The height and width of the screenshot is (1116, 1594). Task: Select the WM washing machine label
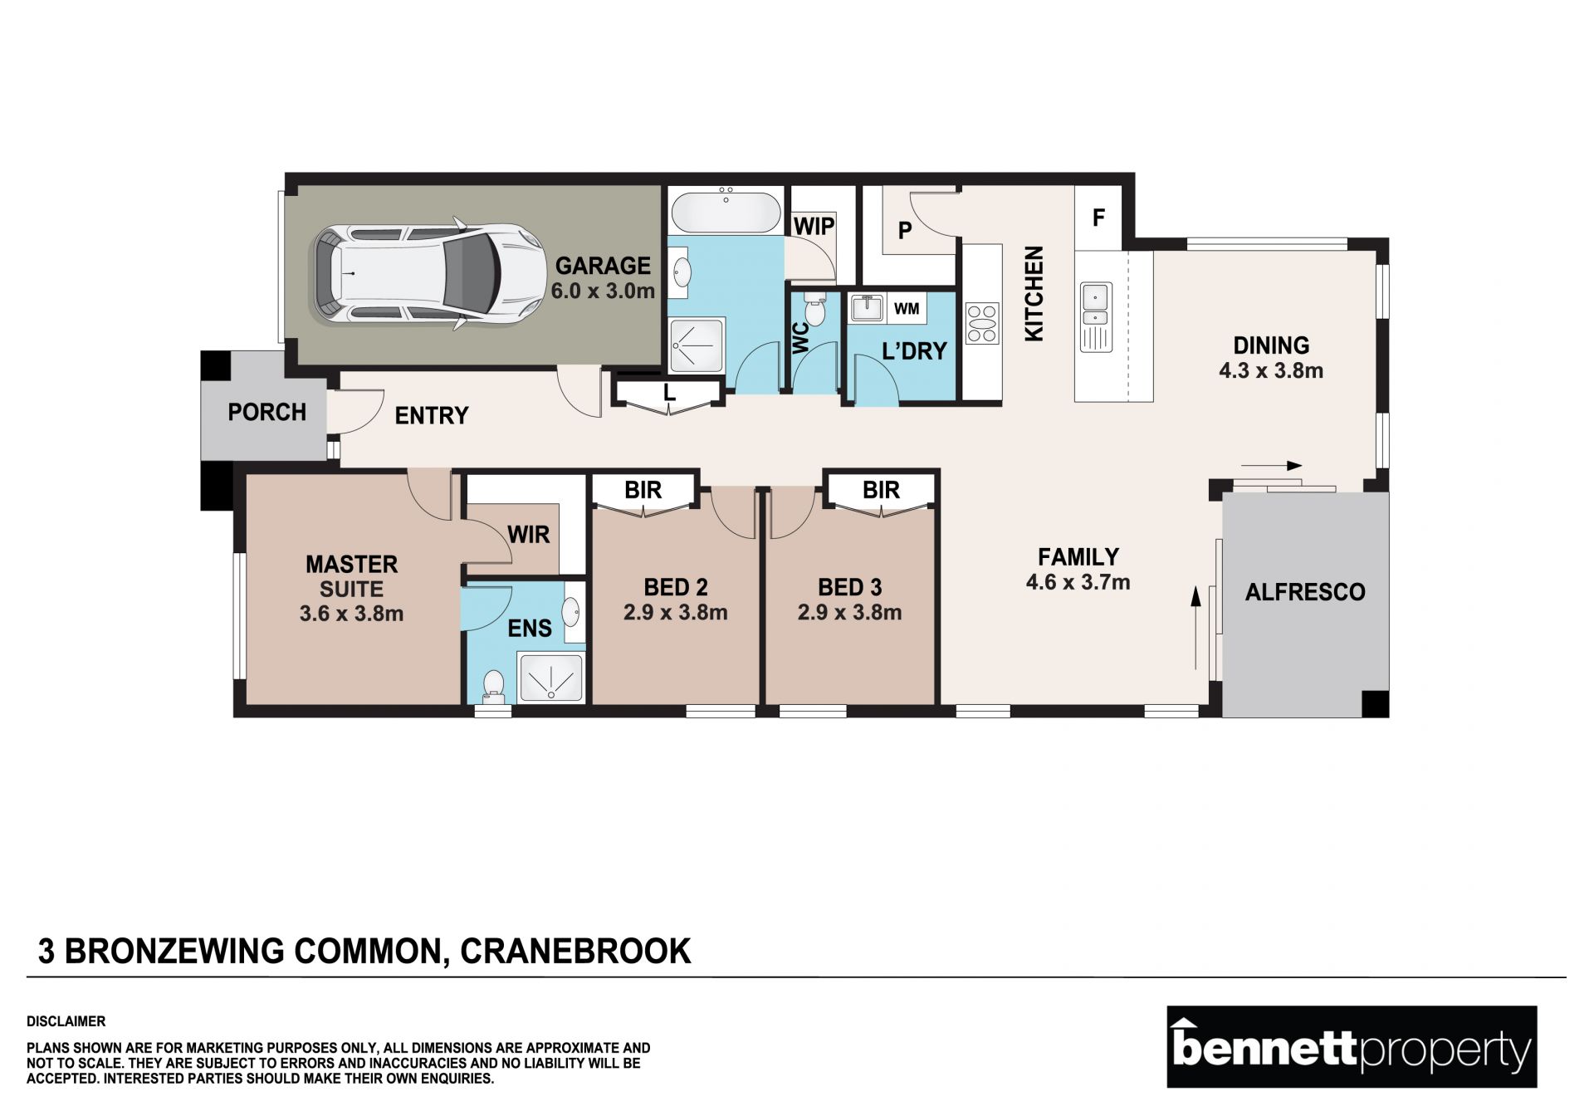(907, 309)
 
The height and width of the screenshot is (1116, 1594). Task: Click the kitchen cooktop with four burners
(982, 323)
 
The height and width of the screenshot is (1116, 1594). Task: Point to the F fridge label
(1098, 218)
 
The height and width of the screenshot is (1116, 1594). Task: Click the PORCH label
(267, 412)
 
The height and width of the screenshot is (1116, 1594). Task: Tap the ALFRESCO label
(1305, 592)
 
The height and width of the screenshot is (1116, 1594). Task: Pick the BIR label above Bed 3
(881, 490)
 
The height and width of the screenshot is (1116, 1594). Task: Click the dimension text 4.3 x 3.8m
(1271, 370)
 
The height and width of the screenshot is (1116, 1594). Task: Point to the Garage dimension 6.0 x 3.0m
(603, 291)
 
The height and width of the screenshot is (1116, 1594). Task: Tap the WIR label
(528, 534)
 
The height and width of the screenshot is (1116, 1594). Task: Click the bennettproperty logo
(1352, 1047)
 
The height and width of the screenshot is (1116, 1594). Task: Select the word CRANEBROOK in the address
(575, 951)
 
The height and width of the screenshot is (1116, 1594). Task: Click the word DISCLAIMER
(66, 1021)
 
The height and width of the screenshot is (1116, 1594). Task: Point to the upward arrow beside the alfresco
(1196, 628)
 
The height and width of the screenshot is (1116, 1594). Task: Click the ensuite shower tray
(550, 678)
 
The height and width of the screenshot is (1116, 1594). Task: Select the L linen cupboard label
(669, 392)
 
